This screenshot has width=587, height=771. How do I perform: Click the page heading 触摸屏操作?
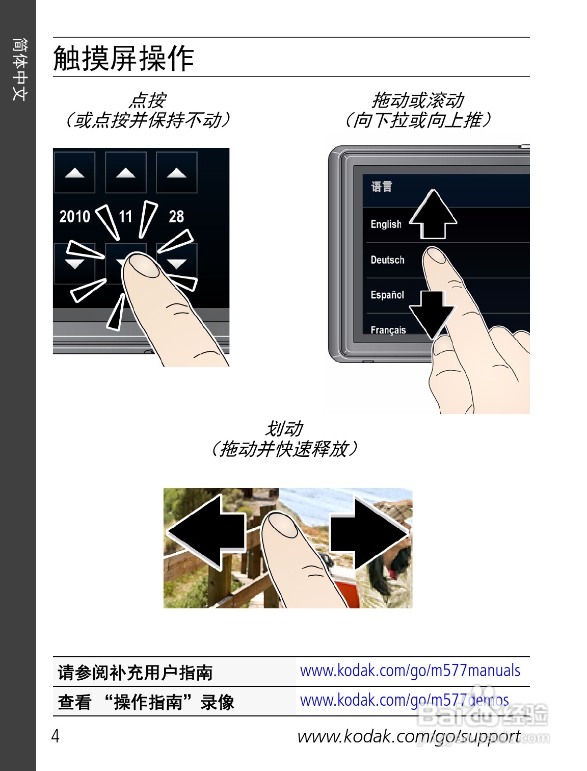click(x=123, y=58)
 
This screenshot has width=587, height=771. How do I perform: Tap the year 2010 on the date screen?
click(x=75, y=216)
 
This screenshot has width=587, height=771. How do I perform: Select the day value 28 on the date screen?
click(x=176, y=216)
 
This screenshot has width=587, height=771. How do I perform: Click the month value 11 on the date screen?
click(x=125, y=216)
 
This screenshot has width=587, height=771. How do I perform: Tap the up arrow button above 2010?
click(x=74, y=172)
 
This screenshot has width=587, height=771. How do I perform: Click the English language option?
click(x=386, y=224)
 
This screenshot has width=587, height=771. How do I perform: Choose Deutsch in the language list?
click(x=387, y=260)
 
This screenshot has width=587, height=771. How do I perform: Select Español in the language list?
click(x=387, y=295)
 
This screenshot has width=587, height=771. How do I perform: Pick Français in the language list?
click(x=388, y=330)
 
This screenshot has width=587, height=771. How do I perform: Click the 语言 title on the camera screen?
click(x=381, y=186)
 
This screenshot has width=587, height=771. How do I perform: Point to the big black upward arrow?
click(x=433, y=214)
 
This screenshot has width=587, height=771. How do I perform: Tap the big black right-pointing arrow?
click(x=369, y=533)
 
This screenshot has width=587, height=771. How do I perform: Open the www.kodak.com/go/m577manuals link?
click(x=410, y=670)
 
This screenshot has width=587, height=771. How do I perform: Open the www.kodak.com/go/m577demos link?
click(x=404, y=700)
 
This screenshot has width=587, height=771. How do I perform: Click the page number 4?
click(x=56, y=736)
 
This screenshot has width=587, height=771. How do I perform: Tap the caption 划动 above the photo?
click(x=284, y=429)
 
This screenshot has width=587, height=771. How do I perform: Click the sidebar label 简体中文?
click(x=19, y=69)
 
